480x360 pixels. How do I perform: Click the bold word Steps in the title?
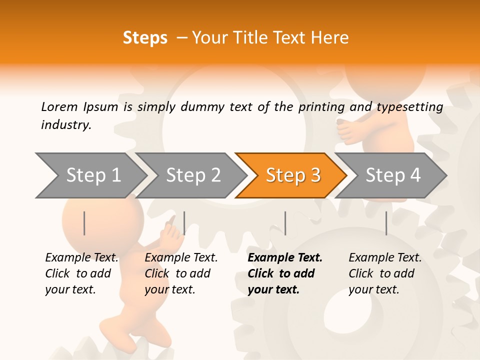(145, 38)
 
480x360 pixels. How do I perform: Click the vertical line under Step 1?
(84, 223)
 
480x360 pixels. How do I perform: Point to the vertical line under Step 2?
(184, 223)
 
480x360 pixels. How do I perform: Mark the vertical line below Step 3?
(285, 223)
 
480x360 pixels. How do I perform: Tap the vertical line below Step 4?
(386, 223)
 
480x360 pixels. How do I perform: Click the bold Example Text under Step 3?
(285, 258)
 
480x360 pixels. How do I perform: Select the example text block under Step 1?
(81, 273)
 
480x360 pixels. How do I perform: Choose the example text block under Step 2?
(181, 273)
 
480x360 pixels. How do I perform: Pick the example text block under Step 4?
(385, 273)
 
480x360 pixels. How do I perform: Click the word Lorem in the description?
(59, 107)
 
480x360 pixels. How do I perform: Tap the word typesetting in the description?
(409, 107)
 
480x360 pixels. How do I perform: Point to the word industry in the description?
(66, 125)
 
